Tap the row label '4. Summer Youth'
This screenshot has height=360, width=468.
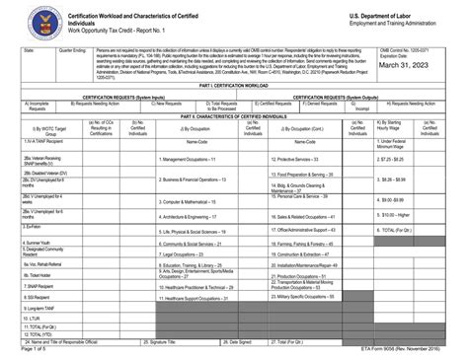tap(40, 242)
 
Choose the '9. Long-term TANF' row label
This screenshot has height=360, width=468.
tap(46, 309)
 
